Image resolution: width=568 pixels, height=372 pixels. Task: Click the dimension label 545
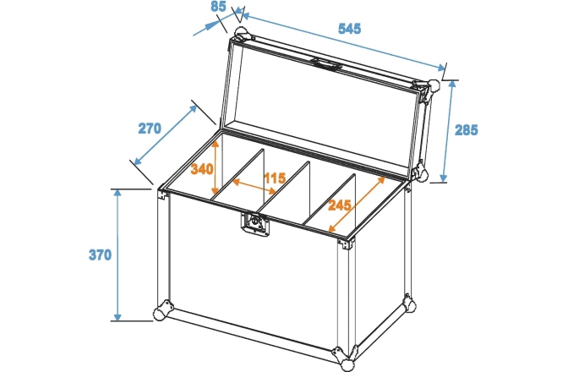(x=348, y=28)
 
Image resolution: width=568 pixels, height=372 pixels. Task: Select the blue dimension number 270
(x=150, y=129)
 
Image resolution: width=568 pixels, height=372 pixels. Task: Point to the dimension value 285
(x=466, y=130)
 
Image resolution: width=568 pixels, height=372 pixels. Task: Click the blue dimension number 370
(x=100, y=254)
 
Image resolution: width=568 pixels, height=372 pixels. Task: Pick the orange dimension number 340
(x=201, y=168)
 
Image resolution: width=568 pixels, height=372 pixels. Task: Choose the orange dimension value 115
(x=273, y=178)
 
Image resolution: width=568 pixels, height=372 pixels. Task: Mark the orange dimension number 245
(x=341, y=205)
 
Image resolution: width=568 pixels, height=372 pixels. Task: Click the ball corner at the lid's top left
(x=241, y=36)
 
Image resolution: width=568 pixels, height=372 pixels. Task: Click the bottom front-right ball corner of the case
(x=347, y=364)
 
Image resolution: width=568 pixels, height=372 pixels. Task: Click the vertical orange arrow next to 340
(x=217, y=168)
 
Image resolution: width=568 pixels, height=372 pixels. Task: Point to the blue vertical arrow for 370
(x=117, y=254)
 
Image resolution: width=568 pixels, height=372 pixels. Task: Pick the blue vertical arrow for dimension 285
(x=445, y=131)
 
